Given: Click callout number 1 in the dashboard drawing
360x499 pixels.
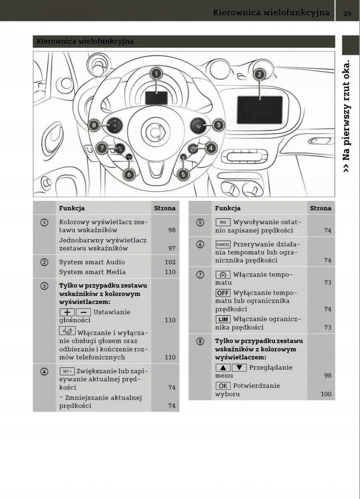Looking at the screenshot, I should tap(156, 74).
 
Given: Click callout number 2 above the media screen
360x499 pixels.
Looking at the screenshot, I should tap(259, 74).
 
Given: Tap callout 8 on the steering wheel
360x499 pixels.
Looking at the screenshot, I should tap(95, 125).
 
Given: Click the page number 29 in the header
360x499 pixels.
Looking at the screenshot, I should tap(348, 13).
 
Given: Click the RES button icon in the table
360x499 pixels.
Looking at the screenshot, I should tap(223, 222).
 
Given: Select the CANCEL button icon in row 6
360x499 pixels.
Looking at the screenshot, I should tap(223, 245).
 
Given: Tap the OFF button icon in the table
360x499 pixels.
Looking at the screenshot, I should tap(223, 293).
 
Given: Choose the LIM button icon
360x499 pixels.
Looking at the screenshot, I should tap(223, 319).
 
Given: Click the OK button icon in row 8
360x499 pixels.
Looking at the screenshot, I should tap(223, 386).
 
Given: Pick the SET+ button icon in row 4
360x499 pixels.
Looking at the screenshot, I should tap(67, 371).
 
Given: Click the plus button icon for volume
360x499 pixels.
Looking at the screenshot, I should tap(67, 312).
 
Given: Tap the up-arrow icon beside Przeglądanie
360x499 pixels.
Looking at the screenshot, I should tap(223, 368).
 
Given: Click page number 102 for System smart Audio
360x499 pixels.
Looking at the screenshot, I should tap(170, 262).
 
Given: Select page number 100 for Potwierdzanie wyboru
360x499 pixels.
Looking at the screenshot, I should tap(326, 394).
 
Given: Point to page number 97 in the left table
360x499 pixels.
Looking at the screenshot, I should tap(172, 248).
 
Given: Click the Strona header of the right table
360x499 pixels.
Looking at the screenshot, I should tap(320, 208).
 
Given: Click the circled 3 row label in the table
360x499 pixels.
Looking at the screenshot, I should tap(44, 286).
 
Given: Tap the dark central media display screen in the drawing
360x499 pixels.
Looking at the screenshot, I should tap(260, 110).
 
